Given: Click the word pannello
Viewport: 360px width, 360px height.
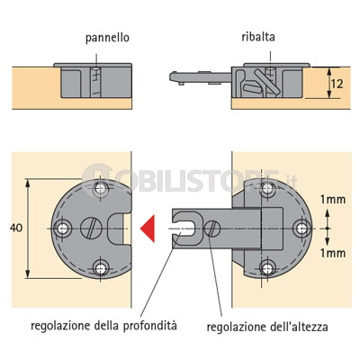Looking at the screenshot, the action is tap(107, 39).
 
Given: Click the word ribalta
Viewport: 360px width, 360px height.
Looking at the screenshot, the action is tap(258, 37).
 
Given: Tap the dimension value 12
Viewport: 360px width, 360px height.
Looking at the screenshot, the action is tap(337, 84).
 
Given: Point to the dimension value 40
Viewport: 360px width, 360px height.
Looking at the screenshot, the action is tap(16, 228).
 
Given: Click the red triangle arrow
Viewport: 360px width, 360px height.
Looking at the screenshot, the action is tap(148, 229).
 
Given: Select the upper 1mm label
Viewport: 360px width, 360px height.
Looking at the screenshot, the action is tap(333, 199).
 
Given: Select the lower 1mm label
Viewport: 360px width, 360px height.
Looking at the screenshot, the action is tap(333, 253).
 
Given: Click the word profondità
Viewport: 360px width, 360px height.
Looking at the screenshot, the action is tap(150, 326).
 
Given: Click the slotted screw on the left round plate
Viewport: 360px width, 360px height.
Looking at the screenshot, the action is tap(91, 229).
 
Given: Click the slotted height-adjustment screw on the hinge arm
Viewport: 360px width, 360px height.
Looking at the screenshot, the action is tap(212, 229).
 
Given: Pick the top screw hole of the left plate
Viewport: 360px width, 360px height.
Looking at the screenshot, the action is tap(101, 189).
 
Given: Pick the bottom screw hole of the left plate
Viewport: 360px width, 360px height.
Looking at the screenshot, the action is tap(101, 268).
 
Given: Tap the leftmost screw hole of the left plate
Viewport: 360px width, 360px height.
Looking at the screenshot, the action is tap(63, 229).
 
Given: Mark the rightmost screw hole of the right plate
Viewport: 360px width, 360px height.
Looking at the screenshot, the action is tap(301, 229).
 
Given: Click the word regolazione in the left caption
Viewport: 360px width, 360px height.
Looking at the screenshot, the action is tap(60, 326).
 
